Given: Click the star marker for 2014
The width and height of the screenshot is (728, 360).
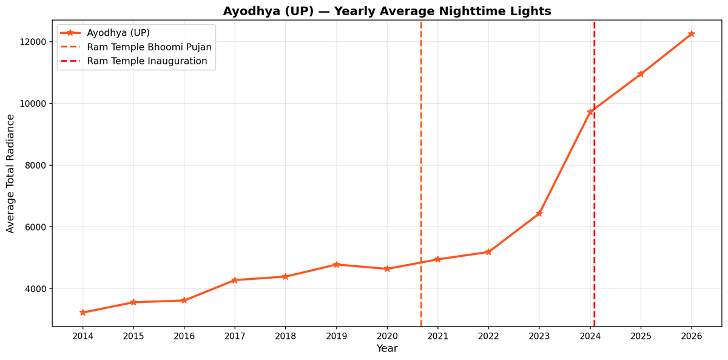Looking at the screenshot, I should pos(83,313).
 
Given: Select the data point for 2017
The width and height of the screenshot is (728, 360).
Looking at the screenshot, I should pos(235,280).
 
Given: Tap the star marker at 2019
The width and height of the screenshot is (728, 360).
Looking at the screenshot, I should pos(336,265).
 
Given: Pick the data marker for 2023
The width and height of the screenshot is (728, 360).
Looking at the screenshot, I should pos(539,213).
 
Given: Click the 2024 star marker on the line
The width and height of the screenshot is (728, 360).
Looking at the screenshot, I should pos(590,112).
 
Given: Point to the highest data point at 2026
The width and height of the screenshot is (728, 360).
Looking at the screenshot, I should pos(691,34).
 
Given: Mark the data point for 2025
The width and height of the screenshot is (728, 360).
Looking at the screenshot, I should pos(641,74).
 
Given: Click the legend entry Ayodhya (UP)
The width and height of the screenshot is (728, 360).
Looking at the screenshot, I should pos(118,33).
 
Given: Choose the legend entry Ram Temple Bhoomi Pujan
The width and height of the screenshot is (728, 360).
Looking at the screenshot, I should pos(149,47).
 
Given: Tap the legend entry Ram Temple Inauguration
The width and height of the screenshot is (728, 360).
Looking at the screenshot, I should pos(147,61).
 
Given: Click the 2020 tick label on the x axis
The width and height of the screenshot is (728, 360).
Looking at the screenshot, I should pos(387,336).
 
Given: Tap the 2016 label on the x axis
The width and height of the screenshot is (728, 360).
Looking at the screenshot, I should pos(184,336).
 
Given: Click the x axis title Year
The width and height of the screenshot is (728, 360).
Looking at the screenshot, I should pos(387,349).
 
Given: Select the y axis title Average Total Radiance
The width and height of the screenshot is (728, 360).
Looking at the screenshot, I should pos(10,173).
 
